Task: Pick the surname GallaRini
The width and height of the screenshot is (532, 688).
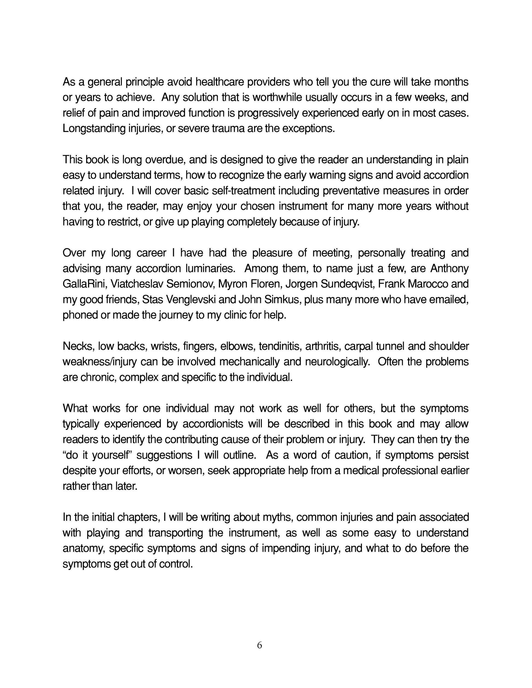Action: [x=85, y=284]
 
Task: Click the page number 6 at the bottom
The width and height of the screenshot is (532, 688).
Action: [x=259, y=645]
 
